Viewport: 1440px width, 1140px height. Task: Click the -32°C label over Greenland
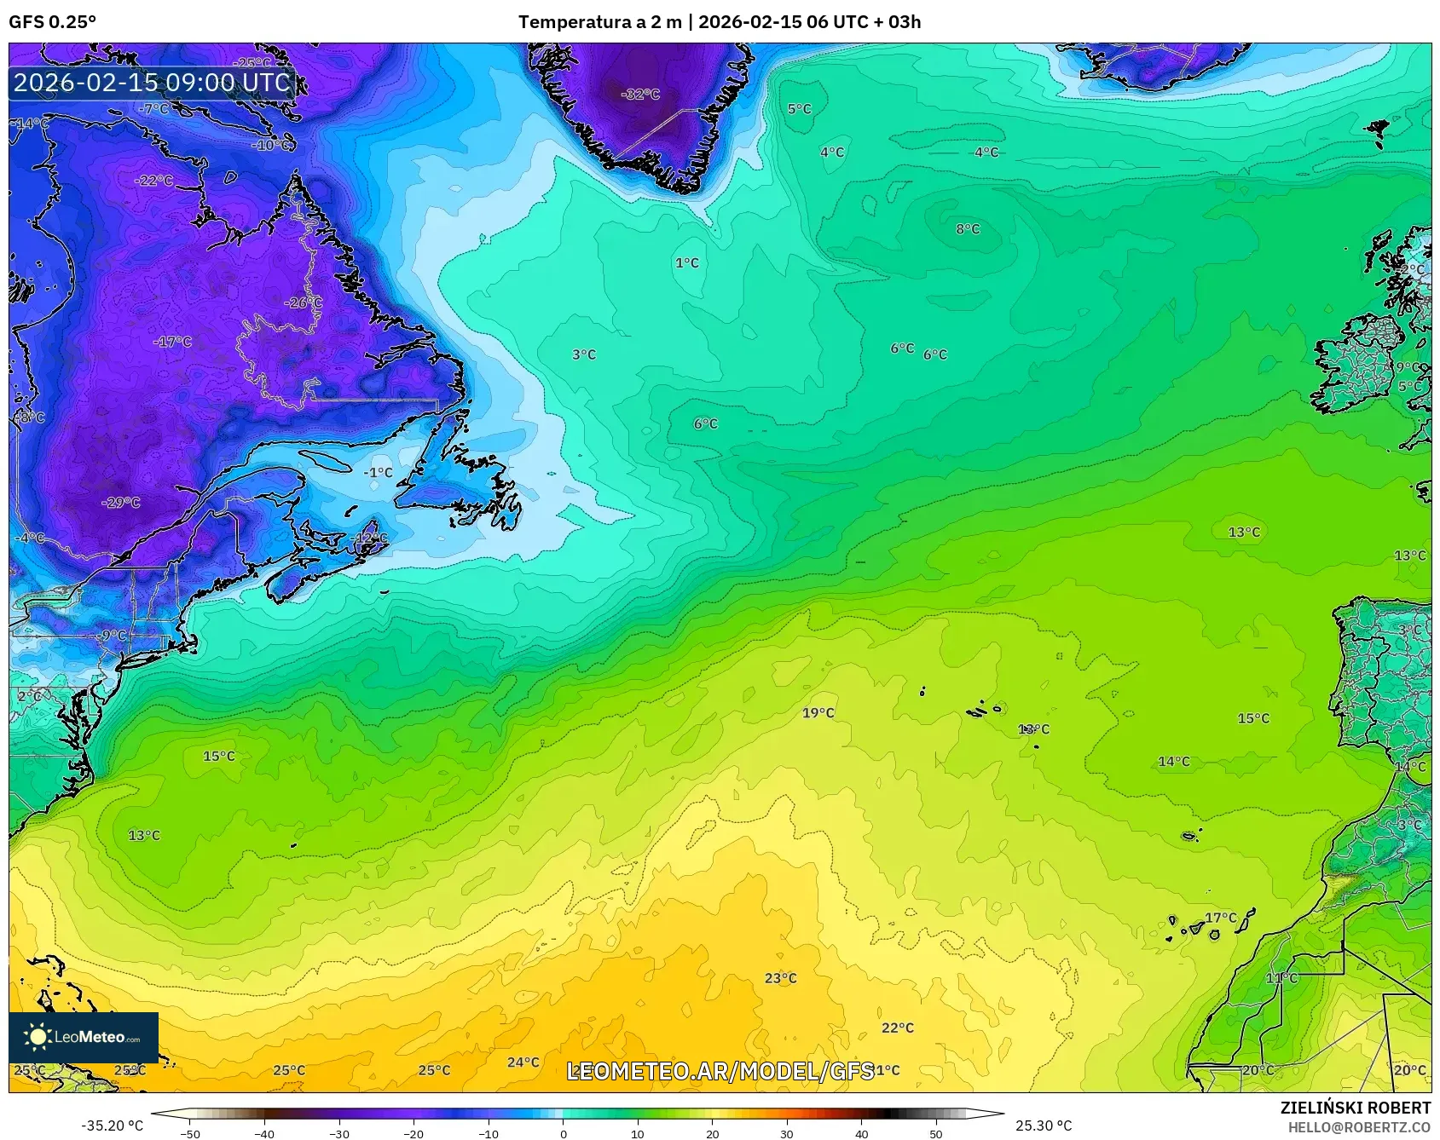[640, 95]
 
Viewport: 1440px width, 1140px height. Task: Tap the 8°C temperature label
[968, 229]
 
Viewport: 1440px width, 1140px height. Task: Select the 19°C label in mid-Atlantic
[818, 713]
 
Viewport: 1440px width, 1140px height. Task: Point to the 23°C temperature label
[780, 978]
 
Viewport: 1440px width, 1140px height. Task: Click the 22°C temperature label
[898, 1028]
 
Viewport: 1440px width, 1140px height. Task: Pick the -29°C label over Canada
[120, 503]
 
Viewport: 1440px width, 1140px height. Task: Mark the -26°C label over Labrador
[304, 303]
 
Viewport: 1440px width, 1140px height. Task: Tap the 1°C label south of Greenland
[687, 263]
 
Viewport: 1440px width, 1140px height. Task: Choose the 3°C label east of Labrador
[584, 354]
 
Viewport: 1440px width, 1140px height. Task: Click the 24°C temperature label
[523, 1062]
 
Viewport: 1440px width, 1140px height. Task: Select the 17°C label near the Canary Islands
[1221, 918]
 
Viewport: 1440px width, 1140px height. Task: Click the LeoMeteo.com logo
[84, 1037]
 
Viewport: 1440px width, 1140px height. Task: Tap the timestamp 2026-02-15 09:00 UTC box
[152, 83]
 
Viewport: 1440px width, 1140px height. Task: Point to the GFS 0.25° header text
[53, 22]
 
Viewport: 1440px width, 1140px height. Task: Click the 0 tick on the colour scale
[563, 1133]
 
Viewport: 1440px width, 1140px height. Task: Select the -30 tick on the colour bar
[338, 1133]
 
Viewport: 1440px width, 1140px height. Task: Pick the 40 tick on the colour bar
[862, 1133]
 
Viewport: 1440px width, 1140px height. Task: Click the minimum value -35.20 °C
[112, 1126]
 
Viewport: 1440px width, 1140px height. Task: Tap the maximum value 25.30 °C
[1043, 1126]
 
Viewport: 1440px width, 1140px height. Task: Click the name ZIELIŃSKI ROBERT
[1355, 1108]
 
